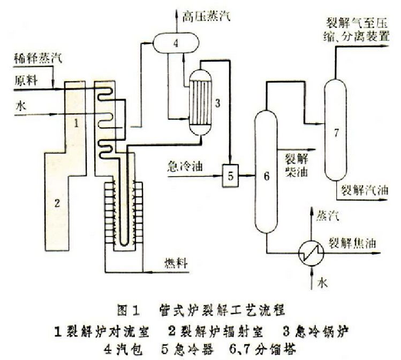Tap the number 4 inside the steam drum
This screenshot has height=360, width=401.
pyautogui.click(x=175, y=44)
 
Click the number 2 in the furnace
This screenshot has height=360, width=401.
pyautogui.click(x=58, y=202)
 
